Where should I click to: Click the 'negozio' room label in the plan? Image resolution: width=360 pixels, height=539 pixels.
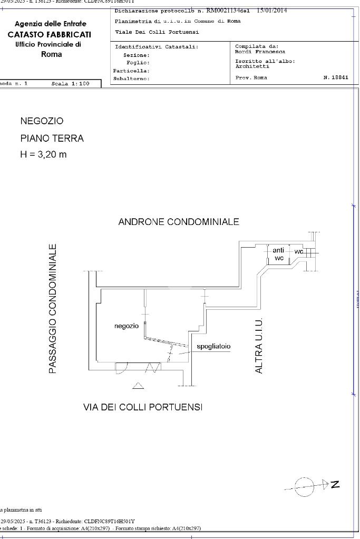point(127,326)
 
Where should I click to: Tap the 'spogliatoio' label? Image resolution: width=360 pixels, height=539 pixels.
point(213,347)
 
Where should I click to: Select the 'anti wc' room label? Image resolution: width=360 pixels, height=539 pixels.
point(279,254)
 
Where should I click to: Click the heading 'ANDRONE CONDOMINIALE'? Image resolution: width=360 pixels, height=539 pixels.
point(179,222)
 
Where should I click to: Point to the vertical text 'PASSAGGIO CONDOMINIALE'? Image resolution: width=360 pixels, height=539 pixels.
point(53,309)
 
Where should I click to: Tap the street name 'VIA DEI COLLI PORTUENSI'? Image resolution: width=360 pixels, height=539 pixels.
point(143,407)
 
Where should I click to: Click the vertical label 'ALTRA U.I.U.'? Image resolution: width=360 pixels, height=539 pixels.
point(259,346)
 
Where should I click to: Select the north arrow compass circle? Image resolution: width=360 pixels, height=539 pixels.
point(305,487)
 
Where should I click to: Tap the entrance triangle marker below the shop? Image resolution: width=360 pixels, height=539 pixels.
point(138,386)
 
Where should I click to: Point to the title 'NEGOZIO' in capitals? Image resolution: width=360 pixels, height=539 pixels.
point(42,121)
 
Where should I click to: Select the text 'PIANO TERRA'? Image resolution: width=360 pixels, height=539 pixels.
point(52,139)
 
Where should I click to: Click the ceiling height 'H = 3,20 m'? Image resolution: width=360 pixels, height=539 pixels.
point(44,155)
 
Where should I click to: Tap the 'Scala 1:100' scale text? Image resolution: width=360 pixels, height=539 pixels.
point(71,84)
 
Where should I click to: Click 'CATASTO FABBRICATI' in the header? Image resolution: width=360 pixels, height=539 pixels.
point(49,35)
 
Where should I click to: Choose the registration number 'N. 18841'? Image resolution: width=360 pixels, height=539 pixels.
point(336,77)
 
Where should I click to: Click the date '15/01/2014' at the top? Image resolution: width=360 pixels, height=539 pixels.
point(272,11)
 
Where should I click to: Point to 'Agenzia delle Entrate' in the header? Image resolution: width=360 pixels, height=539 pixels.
point(51,24)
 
